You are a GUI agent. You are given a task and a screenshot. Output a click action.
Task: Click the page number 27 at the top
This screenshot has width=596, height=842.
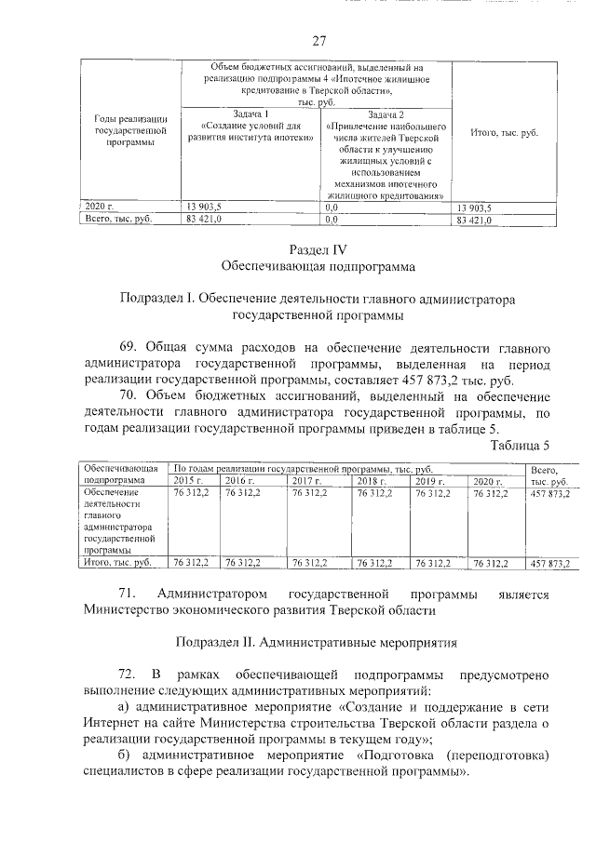pos(318,41)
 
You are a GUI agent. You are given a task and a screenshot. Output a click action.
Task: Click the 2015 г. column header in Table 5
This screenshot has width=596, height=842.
pos(187,481)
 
